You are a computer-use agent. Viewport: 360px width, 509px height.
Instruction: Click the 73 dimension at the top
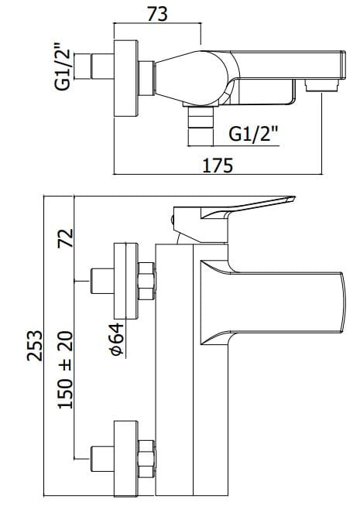pyautogui.click(x=157, y=13)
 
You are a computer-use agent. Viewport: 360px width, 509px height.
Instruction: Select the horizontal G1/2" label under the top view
pyautogui.click(x=254, y=133)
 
